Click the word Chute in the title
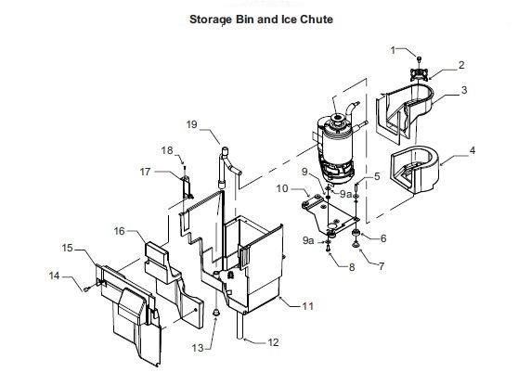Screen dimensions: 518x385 (317, 19)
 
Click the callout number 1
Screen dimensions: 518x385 (393, 50)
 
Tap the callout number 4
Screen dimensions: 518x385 (473, 150)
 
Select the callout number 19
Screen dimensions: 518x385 (191, 124)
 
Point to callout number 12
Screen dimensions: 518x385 (273, 342)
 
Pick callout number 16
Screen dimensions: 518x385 (119, 231)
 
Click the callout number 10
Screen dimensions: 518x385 (282, 188)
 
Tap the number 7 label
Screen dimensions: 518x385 (382, 266)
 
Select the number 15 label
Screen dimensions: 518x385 (68, 248)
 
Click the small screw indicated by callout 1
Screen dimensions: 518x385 (420, 59)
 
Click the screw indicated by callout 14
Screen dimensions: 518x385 (86, 289)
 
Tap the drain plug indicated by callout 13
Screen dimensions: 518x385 (215, 312)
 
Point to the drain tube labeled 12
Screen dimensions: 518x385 (240, 326)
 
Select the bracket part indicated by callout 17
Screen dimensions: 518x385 (187, 187)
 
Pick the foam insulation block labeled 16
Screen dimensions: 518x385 (172, 281)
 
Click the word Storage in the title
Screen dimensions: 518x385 (211, 19)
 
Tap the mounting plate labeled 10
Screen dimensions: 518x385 (330, 214)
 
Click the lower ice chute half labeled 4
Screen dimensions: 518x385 (415, 170)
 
